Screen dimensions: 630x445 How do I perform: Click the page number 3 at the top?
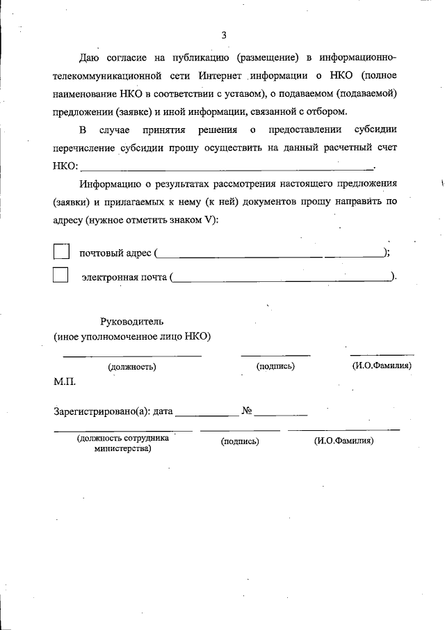223,36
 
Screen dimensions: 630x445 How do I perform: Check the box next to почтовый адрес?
61,251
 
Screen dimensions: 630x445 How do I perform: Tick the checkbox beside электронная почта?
61,275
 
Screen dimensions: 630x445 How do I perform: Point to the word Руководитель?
132,322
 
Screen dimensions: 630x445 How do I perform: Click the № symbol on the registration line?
246,411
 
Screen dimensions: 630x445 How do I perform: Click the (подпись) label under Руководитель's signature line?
275,365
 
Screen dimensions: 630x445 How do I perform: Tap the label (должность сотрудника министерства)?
123,444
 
